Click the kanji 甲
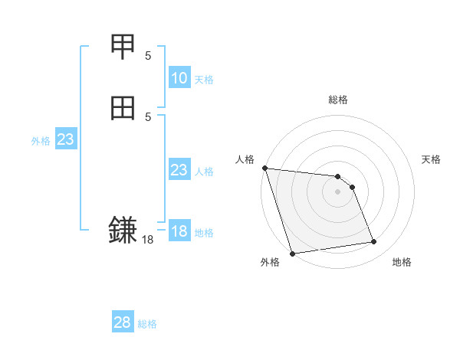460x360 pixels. coord(123,47)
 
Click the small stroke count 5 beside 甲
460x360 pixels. coord(148,55)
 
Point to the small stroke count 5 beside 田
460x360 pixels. coord(148,116)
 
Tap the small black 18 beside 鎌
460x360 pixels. coord(148,240)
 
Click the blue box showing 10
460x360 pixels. coord(179,78)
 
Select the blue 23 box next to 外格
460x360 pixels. coord(66,139)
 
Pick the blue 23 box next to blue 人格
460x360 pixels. coord(179,170)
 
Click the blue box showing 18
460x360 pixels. coord(179,231)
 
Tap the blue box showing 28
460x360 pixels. coord(123,322)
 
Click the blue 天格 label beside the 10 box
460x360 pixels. coord(204,79)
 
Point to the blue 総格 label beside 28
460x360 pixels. coord(147,323)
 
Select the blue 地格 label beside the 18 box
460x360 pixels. coord(204,232)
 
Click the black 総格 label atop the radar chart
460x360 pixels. coord(338,100)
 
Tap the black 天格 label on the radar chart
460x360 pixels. coord(432,159)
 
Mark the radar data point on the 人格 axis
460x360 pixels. coord(264,168)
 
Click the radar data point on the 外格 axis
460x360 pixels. coord(292,253)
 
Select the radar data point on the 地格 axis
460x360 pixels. coord(374,242)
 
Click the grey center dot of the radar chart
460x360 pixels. coord(338,191)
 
